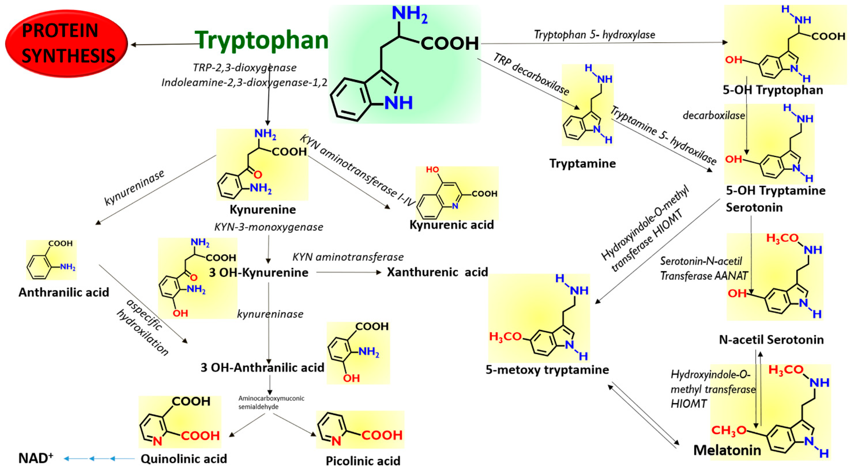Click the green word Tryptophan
point(261,40)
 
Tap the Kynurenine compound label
point(263,209)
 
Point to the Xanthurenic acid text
point(437,272)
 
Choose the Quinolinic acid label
point(184,459)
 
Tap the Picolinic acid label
point(363,461)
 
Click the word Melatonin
point(727,450)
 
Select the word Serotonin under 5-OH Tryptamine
point(754,207)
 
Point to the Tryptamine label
point(583,164)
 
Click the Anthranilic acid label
point(64,292)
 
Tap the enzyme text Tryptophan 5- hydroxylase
point(594,34)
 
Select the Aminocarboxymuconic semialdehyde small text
point(271,402)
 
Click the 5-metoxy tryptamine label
point(547,370)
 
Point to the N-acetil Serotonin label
point(771,339)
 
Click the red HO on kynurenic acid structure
point(432,170)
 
